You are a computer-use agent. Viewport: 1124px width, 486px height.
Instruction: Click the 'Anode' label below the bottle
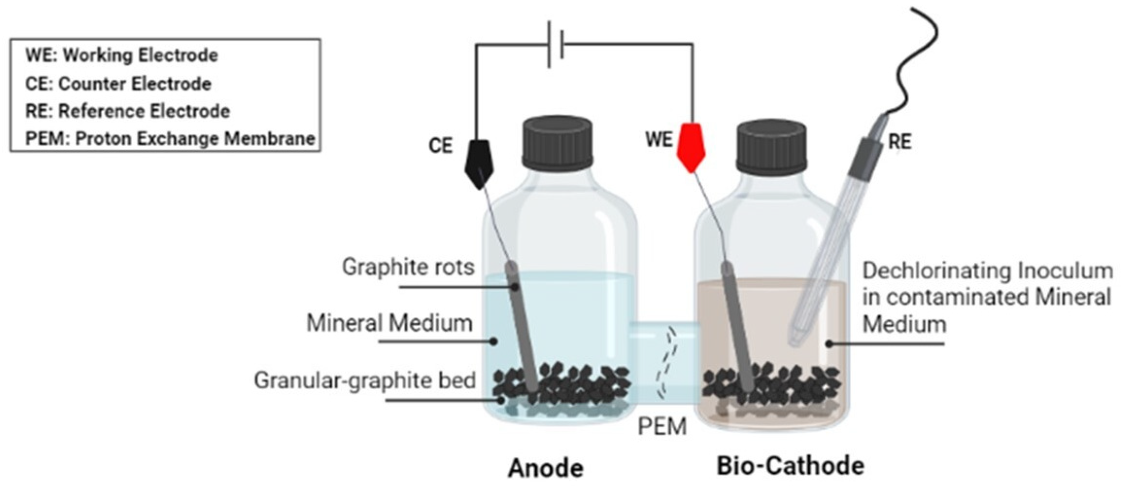[x=545, y=469]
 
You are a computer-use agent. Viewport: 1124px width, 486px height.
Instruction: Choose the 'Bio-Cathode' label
[x=790, y=466]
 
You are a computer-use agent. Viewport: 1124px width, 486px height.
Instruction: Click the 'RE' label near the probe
[x=900, y=142]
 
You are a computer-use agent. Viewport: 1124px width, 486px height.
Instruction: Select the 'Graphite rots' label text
[x=408, y=267]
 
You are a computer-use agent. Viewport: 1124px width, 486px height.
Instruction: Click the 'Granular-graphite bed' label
[x=365, y=380]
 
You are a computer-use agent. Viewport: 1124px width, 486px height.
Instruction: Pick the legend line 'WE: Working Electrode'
[x=122, y=55]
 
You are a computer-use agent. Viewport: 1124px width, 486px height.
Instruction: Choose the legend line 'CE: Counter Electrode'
[x=118, y=83]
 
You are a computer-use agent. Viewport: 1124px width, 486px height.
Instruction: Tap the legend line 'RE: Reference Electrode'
[x=127, y=111]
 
